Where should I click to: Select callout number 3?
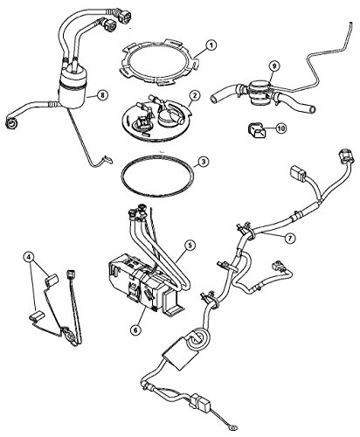pyautogui.click(x=201, y=162)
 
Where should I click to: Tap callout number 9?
pyautogui.click(x=273, y=65)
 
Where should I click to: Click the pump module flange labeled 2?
pyautogui.click(x=157, y=118)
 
